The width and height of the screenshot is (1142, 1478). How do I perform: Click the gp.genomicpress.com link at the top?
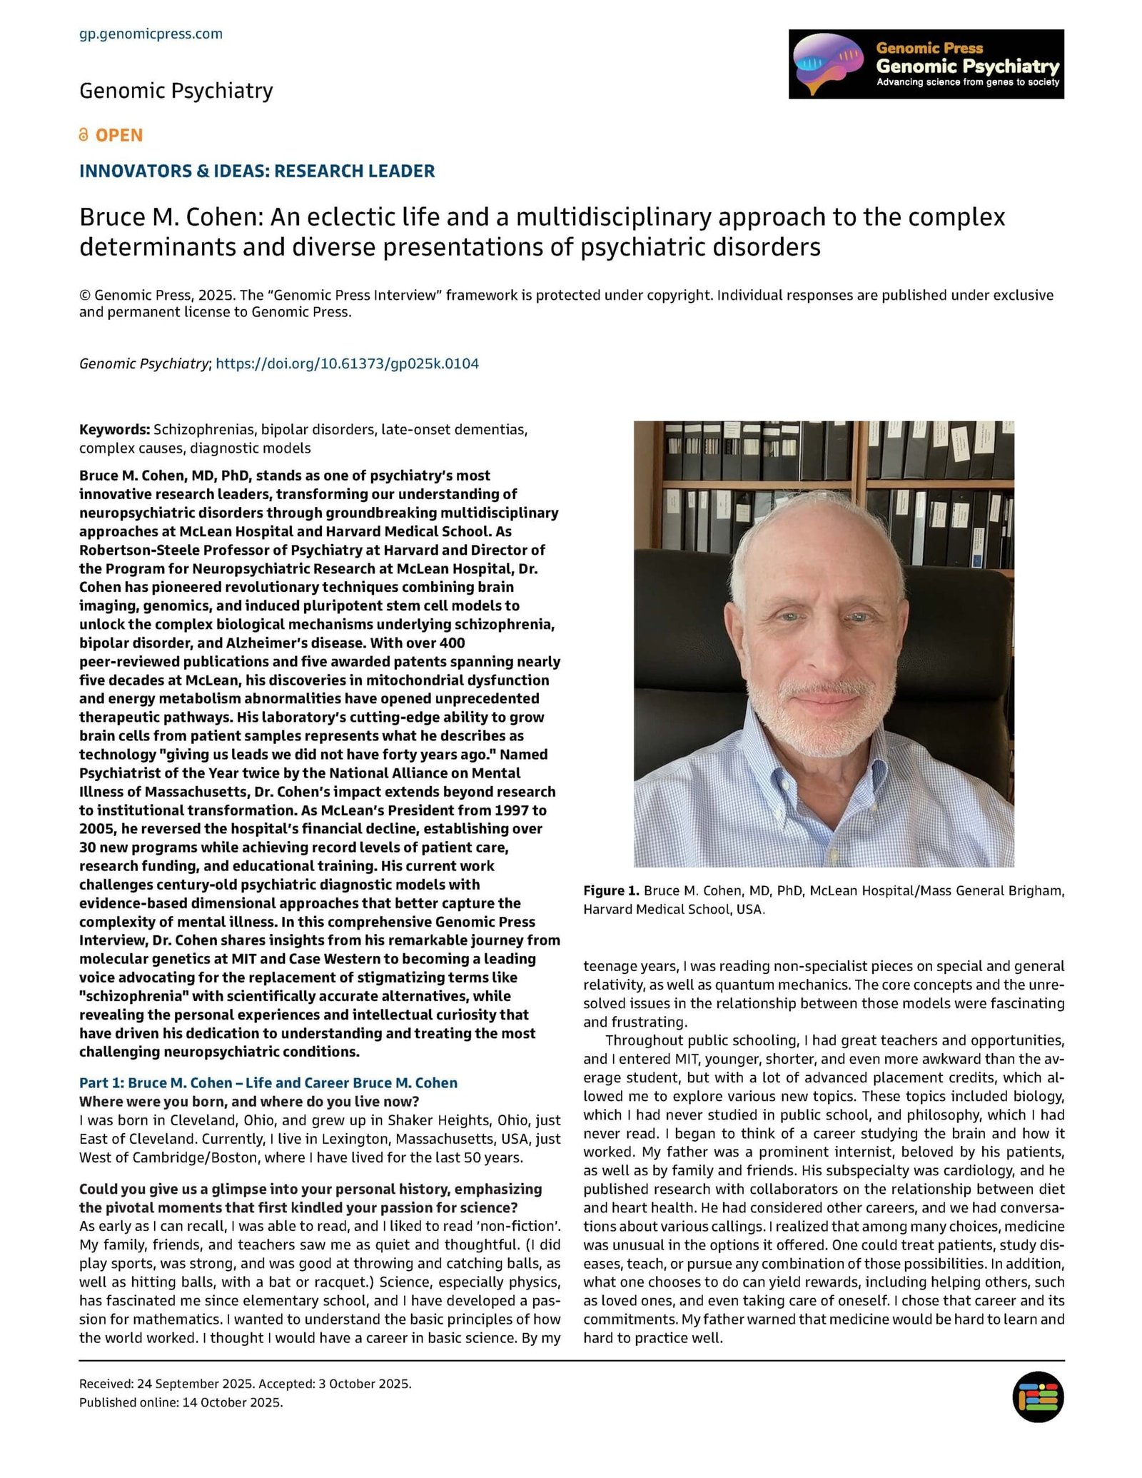point(151,34)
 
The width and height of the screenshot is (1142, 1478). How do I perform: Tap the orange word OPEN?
point(119,135)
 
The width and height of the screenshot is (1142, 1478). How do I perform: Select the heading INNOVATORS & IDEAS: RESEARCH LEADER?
point(257,171)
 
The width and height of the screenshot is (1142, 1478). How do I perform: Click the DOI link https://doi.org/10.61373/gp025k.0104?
point(347,363)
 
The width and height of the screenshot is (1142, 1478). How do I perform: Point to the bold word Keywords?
point(114,430)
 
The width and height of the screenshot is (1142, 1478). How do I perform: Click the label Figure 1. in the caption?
point(611,890)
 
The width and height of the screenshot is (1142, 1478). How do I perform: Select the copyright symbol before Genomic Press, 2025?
point(85,296)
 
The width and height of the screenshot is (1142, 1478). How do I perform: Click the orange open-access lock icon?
point(84,135)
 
